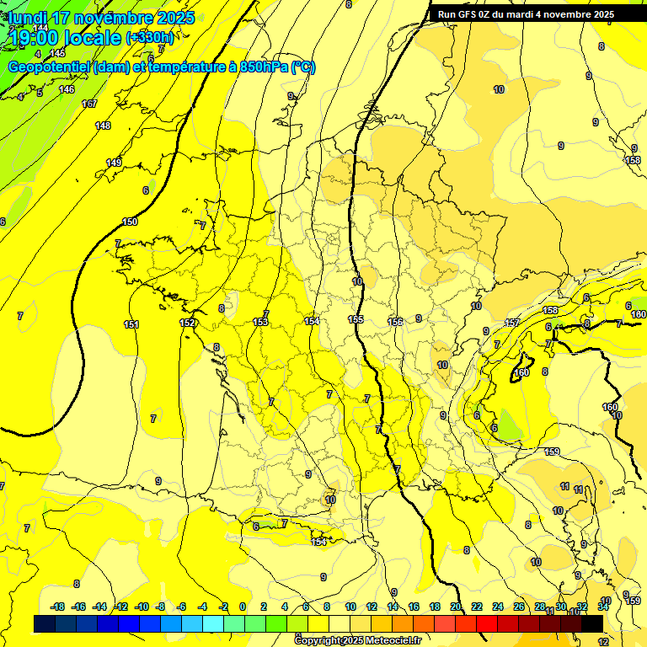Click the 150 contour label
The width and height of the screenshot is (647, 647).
(x=130, y=222)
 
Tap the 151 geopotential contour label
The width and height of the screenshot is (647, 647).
(x=131, y=324)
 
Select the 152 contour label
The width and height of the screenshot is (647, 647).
(x=187, y=323)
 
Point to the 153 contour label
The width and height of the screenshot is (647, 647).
(x=260, y=322)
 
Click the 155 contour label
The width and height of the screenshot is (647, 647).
(x=356, y=319)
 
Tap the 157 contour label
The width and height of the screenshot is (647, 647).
(x=512, y=323)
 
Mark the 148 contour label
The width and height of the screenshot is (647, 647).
(x=103, y=126)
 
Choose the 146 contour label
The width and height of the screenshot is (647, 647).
(x=67, y=89)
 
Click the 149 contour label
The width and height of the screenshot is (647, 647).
(x=114, y=162)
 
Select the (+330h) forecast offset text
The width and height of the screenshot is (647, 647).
(x=150, y=38)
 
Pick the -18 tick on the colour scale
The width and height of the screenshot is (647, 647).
(x=57, y=607)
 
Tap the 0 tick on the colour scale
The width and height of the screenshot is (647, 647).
(x=243, y=607)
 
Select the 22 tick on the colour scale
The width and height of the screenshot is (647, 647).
(x=477, y=607)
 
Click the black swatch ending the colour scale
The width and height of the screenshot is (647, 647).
(x=592, y=623)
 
